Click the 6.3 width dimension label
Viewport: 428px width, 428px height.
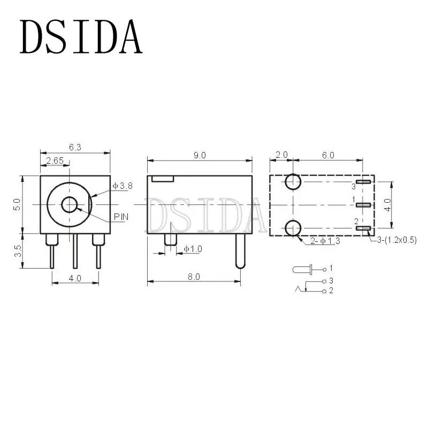coord(75,148)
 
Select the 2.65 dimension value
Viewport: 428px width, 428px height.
coord(55,160)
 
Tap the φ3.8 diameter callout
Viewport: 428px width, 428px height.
coord(123,186)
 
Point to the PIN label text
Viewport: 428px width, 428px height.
coord(121,217)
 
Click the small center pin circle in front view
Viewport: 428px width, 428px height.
coord(70,204)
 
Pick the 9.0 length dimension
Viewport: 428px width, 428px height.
coord(200,155)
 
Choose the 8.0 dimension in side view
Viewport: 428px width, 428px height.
coord(194,277)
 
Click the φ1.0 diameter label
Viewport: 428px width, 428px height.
coord(193,249)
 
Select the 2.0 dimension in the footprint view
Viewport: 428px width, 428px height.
coord(281,155)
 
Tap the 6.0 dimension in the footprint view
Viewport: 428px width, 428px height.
coord(328,155)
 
